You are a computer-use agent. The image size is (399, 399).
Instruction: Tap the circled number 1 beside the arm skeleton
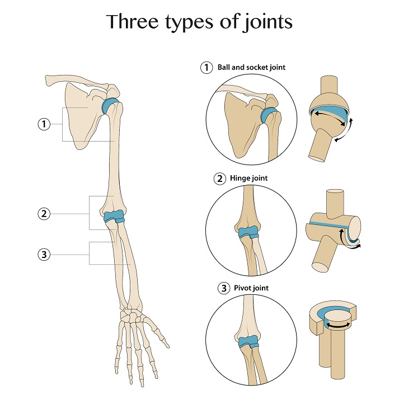tap(44, 124)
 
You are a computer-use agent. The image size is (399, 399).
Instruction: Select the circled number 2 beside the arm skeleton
tap(44, 213)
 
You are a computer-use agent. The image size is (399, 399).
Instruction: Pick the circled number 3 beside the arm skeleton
tap(44, 255)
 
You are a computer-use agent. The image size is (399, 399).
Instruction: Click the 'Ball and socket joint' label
tap(252, 68)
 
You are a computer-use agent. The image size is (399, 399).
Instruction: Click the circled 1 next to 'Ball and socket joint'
tap(207, 68)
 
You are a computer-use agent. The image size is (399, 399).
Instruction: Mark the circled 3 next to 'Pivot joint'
tap(223, 289)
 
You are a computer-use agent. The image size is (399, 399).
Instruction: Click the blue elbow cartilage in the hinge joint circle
tap(247, 233)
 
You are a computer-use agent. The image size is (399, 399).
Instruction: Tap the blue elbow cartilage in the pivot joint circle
tap(247, 342)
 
